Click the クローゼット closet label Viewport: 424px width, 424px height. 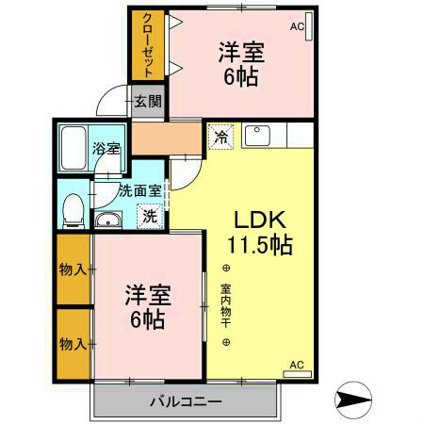[x=149, y=43]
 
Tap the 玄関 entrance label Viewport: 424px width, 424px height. [x=147, y=101]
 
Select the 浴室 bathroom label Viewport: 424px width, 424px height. [x=106, y=148]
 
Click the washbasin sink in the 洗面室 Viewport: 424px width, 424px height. [x=107, y=220]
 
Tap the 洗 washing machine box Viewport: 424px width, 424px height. [x=150, y=215]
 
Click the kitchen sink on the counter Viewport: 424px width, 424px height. [x=257, y=136]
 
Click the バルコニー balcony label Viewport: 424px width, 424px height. [x=186, y=402]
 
